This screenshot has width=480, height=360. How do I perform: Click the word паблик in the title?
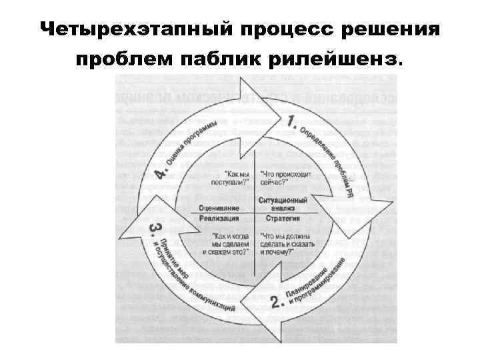[221, 61]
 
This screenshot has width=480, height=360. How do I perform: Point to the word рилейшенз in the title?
[335, 61]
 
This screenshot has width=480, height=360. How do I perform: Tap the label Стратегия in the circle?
[283, 217]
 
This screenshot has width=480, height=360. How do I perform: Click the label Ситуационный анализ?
[283, 203]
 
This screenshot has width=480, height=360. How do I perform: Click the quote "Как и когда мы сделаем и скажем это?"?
[227, 244]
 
